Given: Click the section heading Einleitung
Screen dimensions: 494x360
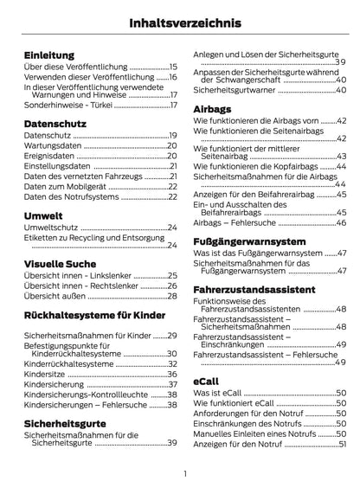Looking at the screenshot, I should [x=48, y=54].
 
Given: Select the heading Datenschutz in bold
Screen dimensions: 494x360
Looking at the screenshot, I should [x=54, y=124].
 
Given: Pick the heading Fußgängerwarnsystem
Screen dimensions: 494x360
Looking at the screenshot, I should [x=250, y=241].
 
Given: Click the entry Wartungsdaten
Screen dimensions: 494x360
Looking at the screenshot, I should [x=51, y=145].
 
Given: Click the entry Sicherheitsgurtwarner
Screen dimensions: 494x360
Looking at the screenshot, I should [x=235, y=90].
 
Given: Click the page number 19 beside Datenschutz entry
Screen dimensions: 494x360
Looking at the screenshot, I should [x=173, y=136].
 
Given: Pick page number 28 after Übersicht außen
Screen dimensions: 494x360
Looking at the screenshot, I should [x=172, y=294].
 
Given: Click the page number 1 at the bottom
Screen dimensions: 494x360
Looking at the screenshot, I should [x=184, y=474].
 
